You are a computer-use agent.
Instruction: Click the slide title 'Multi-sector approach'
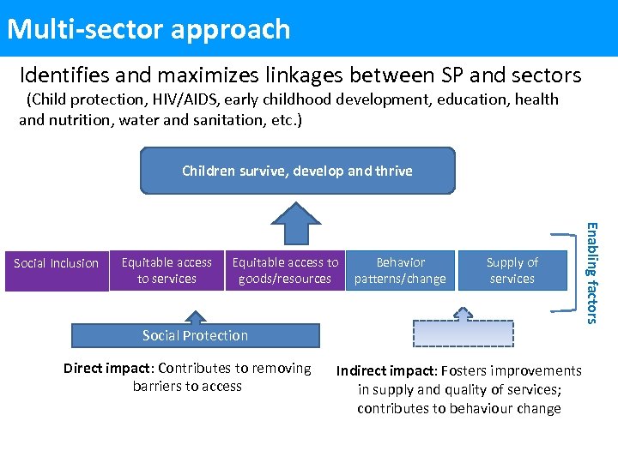pos(148,29)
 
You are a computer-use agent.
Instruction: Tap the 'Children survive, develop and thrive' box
pos(297,171)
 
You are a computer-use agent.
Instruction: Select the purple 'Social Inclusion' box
pos(56,263)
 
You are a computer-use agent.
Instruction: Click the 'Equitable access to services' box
pos(167,270)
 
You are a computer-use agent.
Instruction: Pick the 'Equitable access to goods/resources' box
pos(285,270)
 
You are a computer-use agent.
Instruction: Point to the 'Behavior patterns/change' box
pos(400,270)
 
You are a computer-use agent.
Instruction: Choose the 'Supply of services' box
pos(512,270)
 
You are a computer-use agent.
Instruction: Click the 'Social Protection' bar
pos(195,335)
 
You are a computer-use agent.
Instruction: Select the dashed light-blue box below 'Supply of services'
pos(463,333)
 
